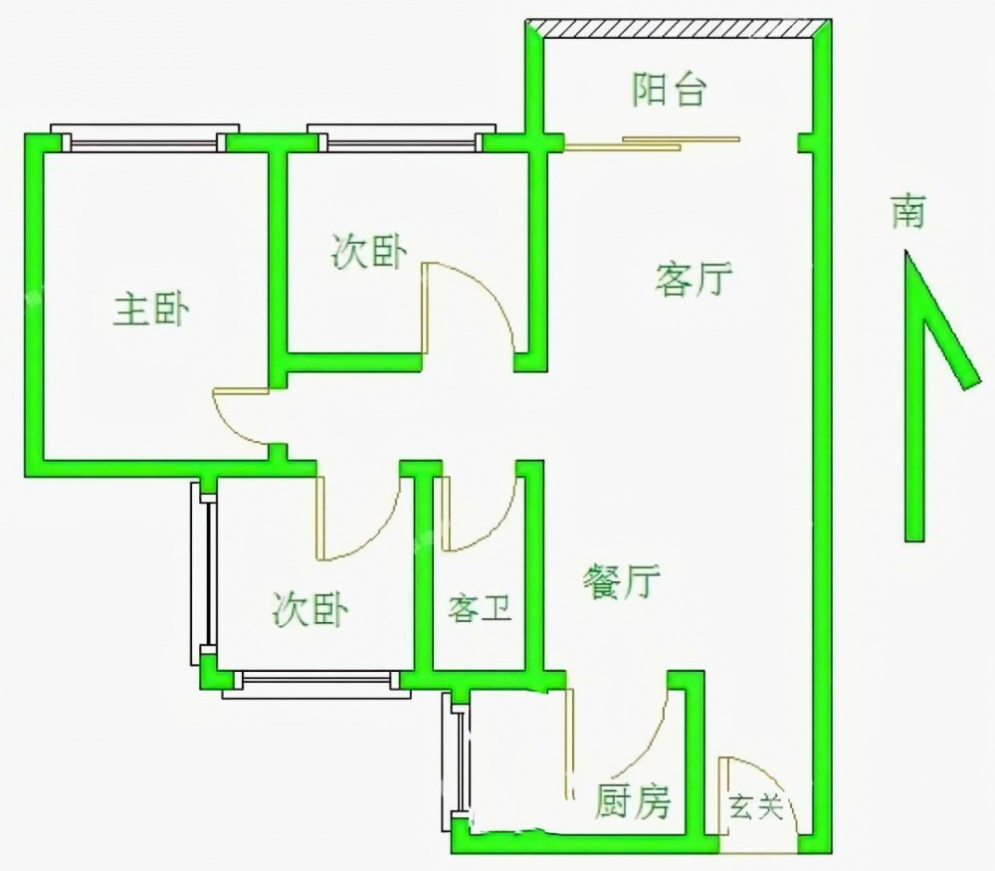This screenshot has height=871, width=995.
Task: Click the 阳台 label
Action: tap(670, 91)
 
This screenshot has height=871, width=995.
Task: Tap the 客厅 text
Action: tap(694, 280)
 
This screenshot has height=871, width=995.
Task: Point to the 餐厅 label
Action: tap(621, 579)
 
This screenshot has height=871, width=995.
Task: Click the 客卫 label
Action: tap(480, 608)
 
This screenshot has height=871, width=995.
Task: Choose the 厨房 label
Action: tap(633, 799)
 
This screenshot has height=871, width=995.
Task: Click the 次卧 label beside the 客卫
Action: tap(310, 608)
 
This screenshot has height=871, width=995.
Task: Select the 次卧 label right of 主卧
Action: tap(368, 253)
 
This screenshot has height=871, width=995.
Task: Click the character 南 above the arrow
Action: tap(907, 211)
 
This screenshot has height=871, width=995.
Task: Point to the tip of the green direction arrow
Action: tap(907, 255)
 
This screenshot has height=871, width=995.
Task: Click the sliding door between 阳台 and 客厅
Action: tap(652, 142)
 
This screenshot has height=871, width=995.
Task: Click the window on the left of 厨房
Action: tap(457, 761)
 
